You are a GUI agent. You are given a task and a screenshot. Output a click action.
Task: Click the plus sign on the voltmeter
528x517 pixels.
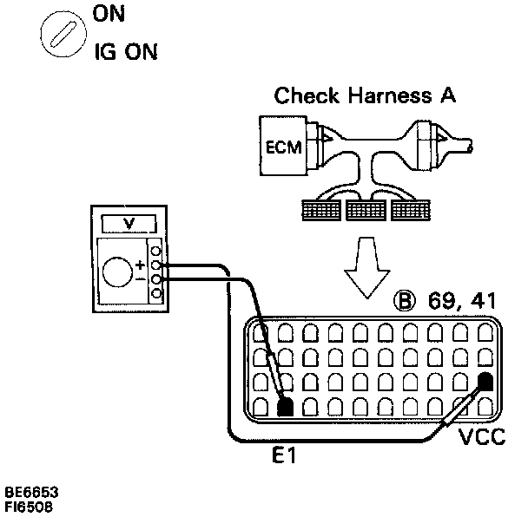coord(140,261)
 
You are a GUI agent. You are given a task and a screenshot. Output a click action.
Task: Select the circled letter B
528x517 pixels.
coord(405,302)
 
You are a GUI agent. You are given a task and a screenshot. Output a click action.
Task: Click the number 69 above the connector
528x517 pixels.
coord(440,302)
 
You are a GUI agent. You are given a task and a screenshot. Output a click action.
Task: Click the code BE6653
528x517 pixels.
coord(30,491)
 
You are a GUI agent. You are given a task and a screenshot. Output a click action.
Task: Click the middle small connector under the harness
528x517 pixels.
coord(364,210)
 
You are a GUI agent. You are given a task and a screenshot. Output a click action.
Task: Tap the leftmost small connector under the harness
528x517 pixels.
coord(318,210)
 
